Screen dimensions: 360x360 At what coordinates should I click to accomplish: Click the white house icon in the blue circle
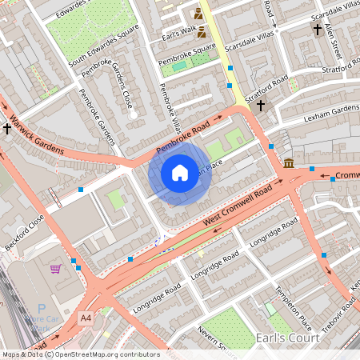pyautogui.click(x=180, y=172)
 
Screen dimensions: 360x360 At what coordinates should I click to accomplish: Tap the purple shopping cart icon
pyautogui.click(x=56, y=269)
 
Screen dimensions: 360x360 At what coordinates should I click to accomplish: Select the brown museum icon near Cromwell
pyautogui.click(x=288, y=164)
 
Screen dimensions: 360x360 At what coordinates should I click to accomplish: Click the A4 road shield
pyautogui.click(x=86, y=318)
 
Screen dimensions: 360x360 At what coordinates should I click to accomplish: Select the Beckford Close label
pyautogui.click(x=25, y=234)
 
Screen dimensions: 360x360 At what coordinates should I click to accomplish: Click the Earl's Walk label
pyautogui.click(x=177, y=37)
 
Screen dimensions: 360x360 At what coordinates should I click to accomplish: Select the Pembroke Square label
pyautogui.click(x=187, y=54)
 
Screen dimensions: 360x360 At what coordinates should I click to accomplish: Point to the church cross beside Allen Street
pyautogui.click(x=318, y=30)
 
